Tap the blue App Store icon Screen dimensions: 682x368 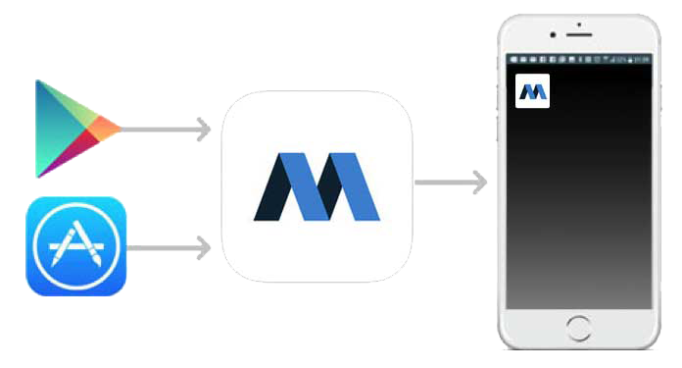[76, 246]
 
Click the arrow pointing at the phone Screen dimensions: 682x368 [451, 182]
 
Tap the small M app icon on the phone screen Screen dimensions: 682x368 [532, 91]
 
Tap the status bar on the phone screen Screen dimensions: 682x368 [578, 60]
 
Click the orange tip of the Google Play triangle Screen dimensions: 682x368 [110, 128]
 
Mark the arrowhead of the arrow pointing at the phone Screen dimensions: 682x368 [479, 182]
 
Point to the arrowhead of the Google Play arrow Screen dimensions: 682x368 [204, 129]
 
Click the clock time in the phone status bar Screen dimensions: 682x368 [642, 60]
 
